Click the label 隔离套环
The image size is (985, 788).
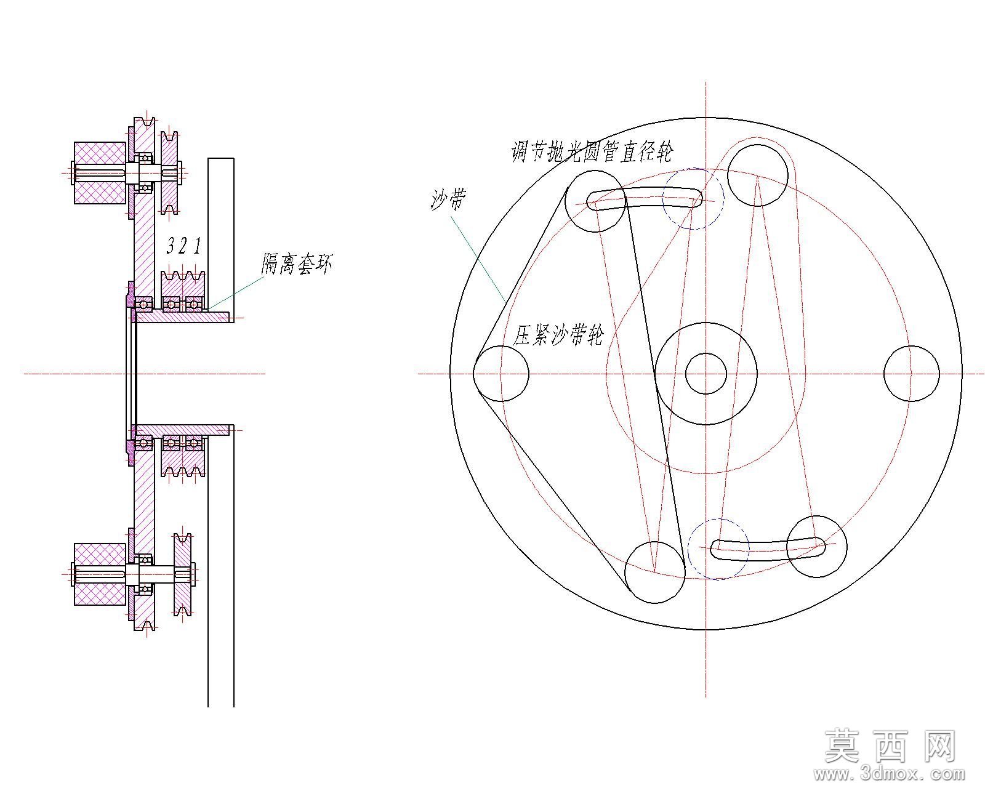(x=297, y=263)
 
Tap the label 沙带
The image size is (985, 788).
(x=449, y=199)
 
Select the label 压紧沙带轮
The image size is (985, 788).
(x=558, y=335)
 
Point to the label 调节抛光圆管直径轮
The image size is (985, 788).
(x=592, y=151)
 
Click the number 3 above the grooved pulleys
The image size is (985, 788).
(x=171, y=246)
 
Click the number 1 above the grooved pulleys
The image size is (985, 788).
(x=197, y=246)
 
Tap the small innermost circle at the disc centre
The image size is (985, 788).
(x=706, y=374)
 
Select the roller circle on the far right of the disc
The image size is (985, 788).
(x=911, y=374)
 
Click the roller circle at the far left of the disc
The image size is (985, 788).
(x=501, y=374)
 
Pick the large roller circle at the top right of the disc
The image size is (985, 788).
(x=758, y=175)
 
